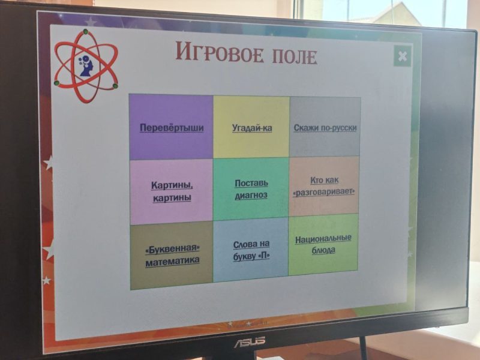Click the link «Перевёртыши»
coord(172,128)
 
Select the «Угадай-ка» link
coord(252,128)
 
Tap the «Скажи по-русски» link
coord(325,128)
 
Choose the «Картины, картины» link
coord(172,191)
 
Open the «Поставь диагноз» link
coord(251,189)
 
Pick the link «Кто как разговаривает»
coord(324,186)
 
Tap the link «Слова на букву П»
coord(251,250)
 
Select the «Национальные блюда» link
coord(323,244)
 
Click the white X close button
coord(403,56)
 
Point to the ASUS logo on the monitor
coord(250,341)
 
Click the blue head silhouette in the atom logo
coord(86,66)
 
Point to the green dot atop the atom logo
coord(85,32)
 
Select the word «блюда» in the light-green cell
coord(323,250)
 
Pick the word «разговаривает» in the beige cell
coord(324,191)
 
